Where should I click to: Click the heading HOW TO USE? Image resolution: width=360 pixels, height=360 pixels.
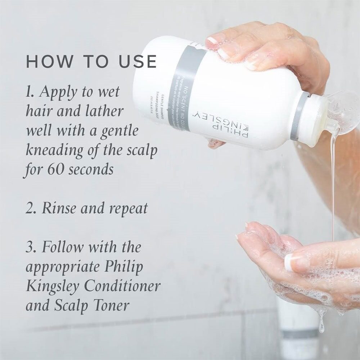coord(91,62)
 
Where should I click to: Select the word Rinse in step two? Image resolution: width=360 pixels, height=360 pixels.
coord(59,208)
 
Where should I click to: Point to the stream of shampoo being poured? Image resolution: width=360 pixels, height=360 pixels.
coord(333,180)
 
